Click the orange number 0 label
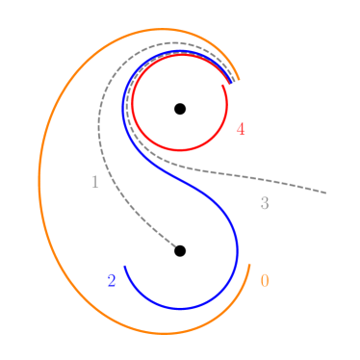265,280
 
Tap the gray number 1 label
95,182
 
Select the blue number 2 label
112,281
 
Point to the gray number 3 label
265,203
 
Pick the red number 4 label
241,129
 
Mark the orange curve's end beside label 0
249,264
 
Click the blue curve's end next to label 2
125,267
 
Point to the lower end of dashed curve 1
175,246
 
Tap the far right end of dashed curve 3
326,193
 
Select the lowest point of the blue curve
181,309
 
